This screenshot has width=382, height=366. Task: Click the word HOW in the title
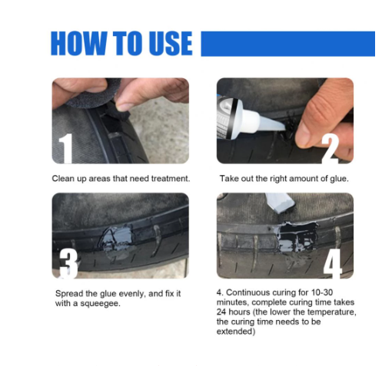(78, 43)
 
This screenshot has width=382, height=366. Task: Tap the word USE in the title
(171, 43)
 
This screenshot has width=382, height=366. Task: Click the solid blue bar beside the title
(287, 44)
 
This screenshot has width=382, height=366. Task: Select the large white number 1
(65, 148)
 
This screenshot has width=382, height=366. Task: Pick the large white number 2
(331, 148)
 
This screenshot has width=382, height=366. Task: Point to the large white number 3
(68, 263)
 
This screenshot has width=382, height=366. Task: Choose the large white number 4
(333, 263)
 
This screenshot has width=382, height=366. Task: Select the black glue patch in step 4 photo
(298, 236)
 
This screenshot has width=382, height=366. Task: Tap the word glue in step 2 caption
(339, 179)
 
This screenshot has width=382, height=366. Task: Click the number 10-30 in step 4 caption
(322, 292)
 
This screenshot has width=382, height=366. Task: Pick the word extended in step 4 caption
(236, 331)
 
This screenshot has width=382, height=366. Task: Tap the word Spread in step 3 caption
(69, 294)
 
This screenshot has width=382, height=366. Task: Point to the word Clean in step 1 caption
(62, 179)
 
